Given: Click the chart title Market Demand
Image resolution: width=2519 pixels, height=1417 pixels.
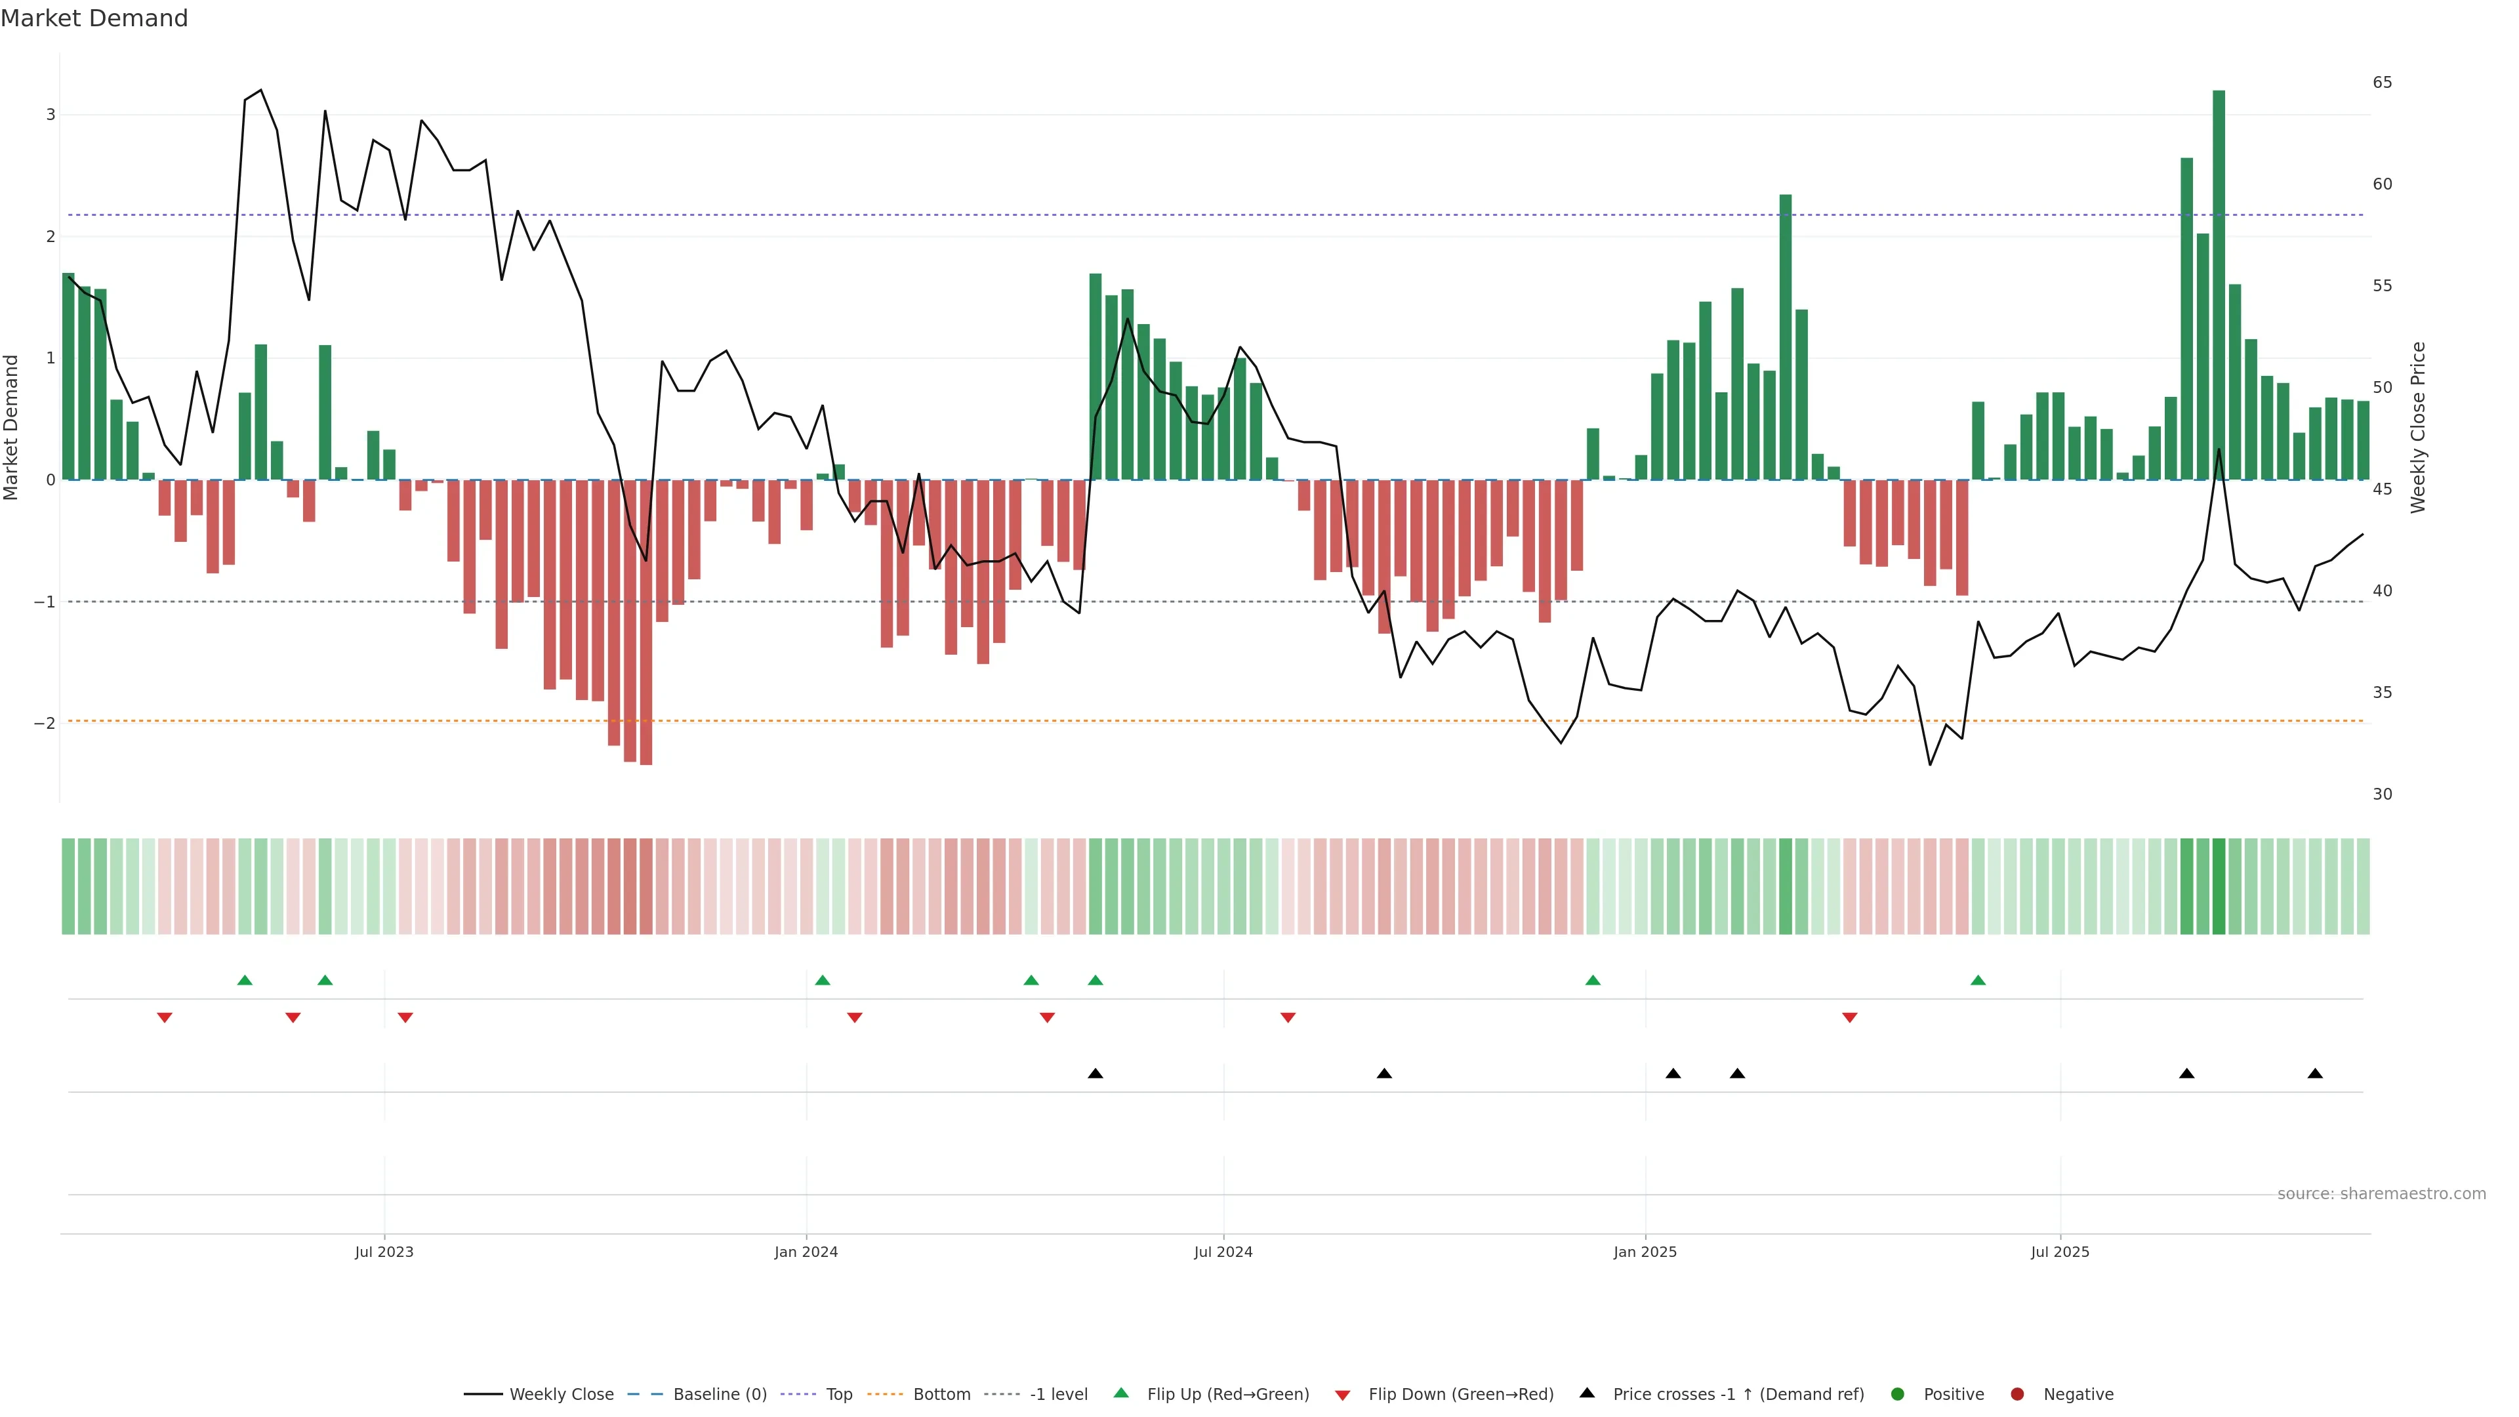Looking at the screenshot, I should point(94,18).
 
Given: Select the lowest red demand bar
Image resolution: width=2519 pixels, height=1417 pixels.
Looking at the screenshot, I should point(645,622).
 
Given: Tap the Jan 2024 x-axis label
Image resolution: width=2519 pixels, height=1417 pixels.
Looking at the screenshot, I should point(806,1252).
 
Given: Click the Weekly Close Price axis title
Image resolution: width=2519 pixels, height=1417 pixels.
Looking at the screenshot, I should point(2418,427).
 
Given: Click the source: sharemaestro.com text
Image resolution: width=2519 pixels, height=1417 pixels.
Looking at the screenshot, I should point(2381,1194).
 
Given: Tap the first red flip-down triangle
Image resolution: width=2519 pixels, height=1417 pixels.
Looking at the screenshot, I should point(164,1018).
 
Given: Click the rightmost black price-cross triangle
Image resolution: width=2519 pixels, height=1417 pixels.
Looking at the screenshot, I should point(2314,1074).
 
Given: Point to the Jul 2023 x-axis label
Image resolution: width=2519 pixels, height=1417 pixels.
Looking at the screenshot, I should point(384,1252).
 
